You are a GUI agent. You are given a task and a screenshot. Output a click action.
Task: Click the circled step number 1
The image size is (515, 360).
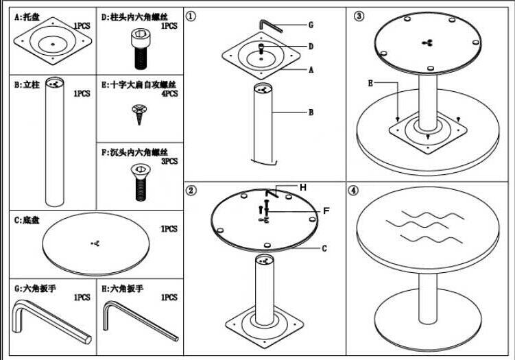point(193,16)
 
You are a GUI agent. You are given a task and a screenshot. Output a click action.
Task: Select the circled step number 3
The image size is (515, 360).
point(358,16)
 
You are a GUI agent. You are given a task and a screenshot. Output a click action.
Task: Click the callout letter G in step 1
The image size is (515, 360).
point(311,25)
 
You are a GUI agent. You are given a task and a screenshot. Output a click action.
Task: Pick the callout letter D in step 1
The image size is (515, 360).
point(311,47)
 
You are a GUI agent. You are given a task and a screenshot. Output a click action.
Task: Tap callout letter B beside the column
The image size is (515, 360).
point(311,112)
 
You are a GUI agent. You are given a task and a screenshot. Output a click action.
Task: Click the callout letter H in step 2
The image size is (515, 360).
point(302,187)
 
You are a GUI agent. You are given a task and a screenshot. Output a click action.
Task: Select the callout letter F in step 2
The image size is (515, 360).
point(326,211)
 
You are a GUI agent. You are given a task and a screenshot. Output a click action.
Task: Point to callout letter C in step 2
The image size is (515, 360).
point(323,248)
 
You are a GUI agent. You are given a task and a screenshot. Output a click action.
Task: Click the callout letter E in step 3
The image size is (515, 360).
point(371,83)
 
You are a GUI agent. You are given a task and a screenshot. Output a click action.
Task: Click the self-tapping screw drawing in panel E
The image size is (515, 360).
point(142,112)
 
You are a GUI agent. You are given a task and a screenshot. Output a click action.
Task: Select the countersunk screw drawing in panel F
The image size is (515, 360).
point(140,180)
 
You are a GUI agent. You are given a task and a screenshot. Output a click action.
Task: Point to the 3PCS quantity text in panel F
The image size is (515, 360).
point(169,160)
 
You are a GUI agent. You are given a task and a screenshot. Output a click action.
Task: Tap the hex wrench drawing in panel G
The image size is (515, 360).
point(50,323)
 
